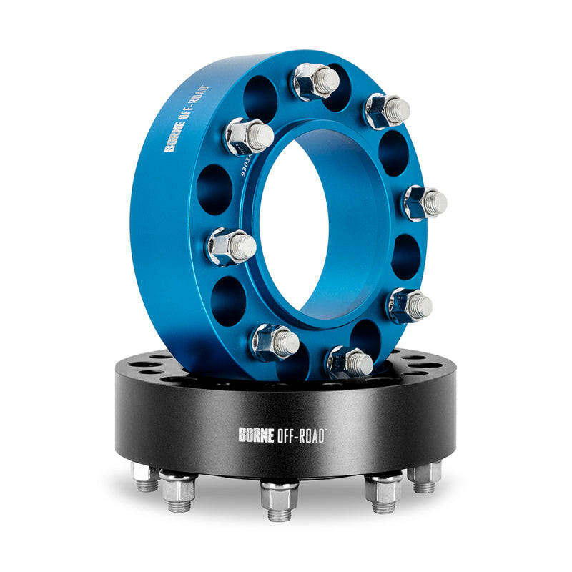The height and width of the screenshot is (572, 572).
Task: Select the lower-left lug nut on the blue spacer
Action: [274, 342]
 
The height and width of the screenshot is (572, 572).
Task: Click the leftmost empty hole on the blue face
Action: [214, 189]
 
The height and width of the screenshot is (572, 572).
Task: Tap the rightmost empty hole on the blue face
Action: [405, 255]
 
